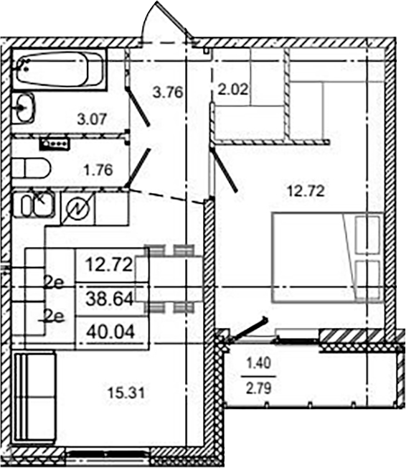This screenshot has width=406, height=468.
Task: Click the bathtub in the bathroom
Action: point(60,70)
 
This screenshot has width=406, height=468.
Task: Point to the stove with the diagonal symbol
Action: point(77,207)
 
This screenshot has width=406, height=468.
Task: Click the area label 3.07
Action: point(93,120)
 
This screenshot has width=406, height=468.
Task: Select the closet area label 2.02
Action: point(232,90)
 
